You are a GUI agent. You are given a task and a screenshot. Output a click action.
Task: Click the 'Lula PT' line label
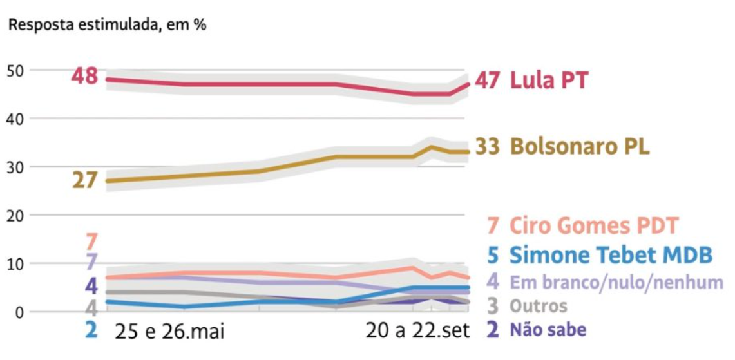(x=549, y=81)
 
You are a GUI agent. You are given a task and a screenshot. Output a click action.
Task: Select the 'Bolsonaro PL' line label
(x=580, y=147)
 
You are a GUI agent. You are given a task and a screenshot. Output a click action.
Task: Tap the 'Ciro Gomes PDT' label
(x=593, y=225)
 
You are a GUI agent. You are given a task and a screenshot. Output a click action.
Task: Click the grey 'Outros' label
(x=539, y=306)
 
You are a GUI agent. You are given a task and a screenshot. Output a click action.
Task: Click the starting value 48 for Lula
(x=84, y=76)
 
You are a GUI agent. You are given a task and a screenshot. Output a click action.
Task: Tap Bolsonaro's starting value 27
(x=84, y=180)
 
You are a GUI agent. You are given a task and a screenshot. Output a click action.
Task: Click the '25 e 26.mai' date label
(x=169, y=332)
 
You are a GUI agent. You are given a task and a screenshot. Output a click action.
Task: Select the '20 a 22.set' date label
(x=417, y=332)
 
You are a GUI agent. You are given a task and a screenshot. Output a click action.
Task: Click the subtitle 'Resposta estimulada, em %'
(x=107, y=26)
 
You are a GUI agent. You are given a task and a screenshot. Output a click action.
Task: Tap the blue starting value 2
(x=91, y=330)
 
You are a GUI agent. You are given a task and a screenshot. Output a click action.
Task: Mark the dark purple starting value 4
(x=91, y=285)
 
